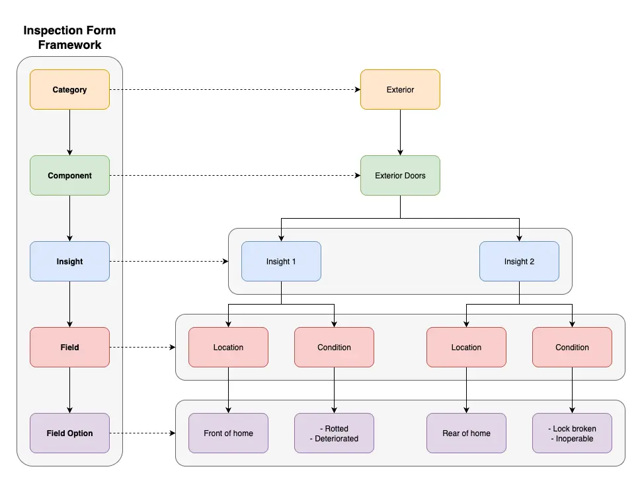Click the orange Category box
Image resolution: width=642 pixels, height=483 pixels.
[69, 90]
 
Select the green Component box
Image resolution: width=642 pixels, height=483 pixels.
[69, 176]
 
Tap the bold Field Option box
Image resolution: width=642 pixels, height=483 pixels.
[69, 433]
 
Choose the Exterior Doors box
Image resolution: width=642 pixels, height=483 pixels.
[400, 176]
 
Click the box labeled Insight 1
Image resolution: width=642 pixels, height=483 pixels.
[281, 262]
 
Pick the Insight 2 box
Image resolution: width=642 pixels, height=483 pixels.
[519, 262]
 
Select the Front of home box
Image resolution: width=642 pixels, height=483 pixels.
[228, 433]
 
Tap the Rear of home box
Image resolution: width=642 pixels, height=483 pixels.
[466, 433]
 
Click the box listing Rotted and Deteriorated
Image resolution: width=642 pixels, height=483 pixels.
[334, 433]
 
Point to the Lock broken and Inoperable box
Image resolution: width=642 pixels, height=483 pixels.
[572, 433]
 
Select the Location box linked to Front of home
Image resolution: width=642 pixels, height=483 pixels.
[228, 348]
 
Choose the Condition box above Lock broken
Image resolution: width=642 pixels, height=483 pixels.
[572, 348]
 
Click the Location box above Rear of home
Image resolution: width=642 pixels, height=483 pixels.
[466, 348]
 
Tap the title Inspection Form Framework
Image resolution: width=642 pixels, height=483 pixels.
[69, 38]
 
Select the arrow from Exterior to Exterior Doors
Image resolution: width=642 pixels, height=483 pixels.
[400, 132]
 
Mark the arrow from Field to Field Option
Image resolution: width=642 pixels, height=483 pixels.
[69, 390]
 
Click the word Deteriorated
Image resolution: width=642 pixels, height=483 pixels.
[337, 439]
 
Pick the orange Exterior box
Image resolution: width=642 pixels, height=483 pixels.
[400, 90]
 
